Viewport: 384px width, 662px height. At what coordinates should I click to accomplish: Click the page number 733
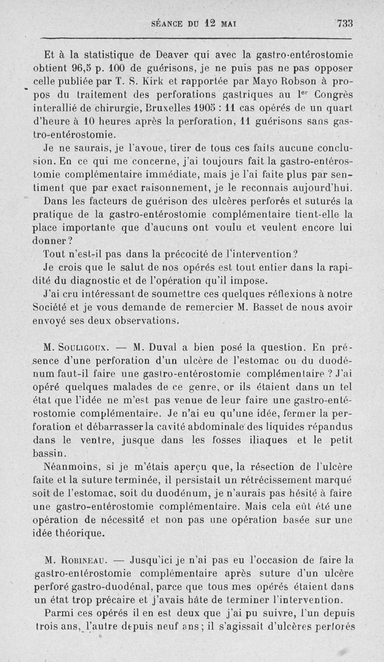tap(345, 24)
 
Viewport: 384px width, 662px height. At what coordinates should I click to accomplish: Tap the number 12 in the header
tap(207, 23)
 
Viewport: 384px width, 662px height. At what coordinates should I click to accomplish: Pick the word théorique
tap(77, 532)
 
